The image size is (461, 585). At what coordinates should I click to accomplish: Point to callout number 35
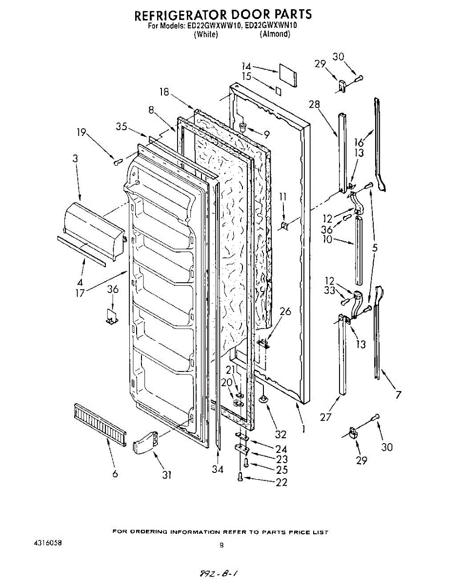click(122, 126)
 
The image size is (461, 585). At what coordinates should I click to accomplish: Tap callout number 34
click(218, 469)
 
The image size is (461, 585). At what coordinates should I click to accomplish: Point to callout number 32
click(281, 435)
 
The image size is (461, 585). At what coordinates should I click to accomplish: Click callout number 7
click(399, 395)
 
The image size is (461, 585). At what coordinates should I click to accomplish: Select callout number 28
click(314, 104)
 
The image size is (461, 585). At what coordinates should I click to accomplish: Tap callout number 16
click(359, 142)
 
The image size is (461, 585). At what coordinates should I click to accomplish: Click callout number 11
click(283, 197)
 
